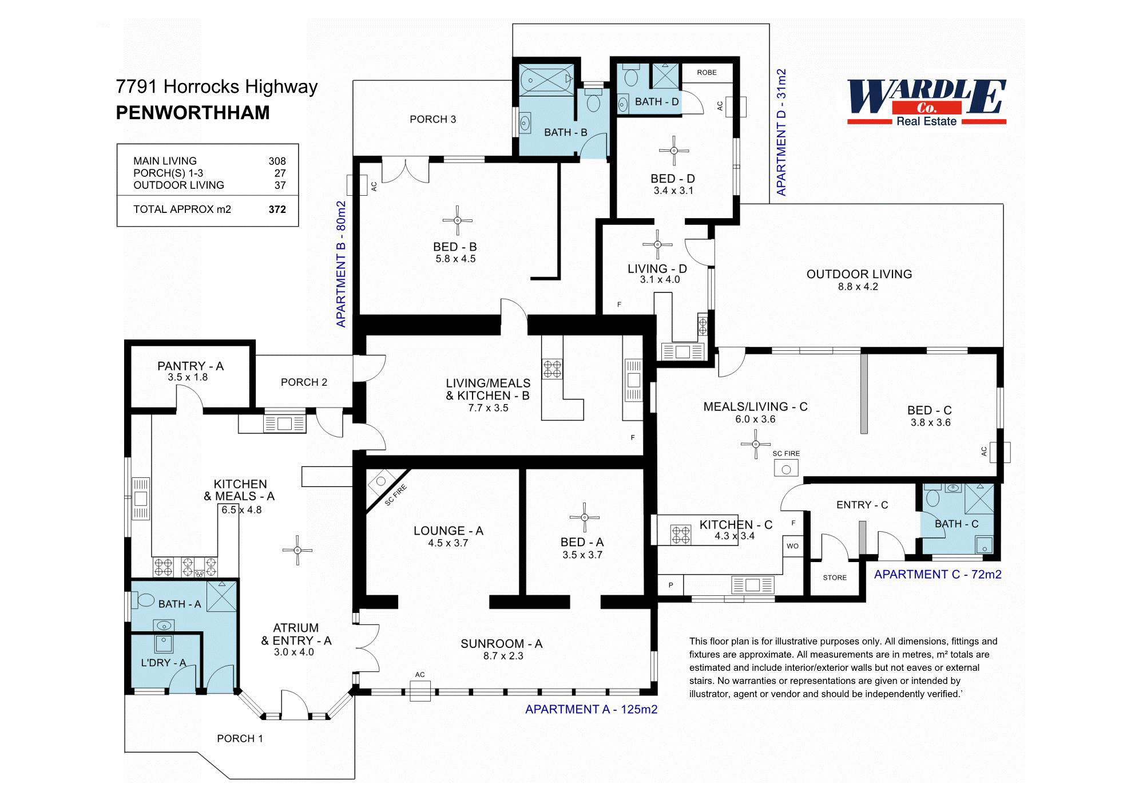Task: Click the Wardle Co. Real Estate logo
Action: (926, 102)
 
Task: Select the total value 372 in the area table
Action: (277, 209)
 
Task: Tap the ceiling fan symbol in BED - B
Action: (457, 220)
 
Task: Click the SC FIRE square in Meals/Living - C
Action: (786, 468)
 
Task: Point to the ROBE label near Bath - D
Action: (707, 73)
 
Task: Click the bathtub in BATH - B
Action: (546, 80)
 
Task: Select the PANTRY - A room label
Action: (190, 366)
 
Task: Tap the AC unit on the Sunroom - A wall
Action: (420, 691)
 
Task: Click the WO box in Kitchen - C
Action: (792, 546)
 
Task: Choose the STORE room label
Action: (835, 577)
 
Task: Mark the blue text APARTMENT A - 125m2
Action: (591, 709)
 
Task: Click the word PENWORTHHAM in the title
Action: (193, 113)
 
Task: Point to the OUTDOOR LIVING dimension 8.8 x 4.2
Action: (858, 287)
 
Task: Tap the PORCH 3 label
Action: (432, 119)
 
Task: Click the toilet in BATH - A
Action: (145, 600)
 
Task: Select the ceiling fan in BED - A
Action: (584, 517)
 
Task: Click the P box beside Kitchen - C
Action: (670, 585)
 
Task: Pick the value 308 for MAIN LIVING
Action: (277, 161)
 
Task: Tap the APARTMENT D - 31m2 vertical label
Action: (781, 132)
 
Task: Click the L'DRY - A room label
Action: (163, 663)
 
